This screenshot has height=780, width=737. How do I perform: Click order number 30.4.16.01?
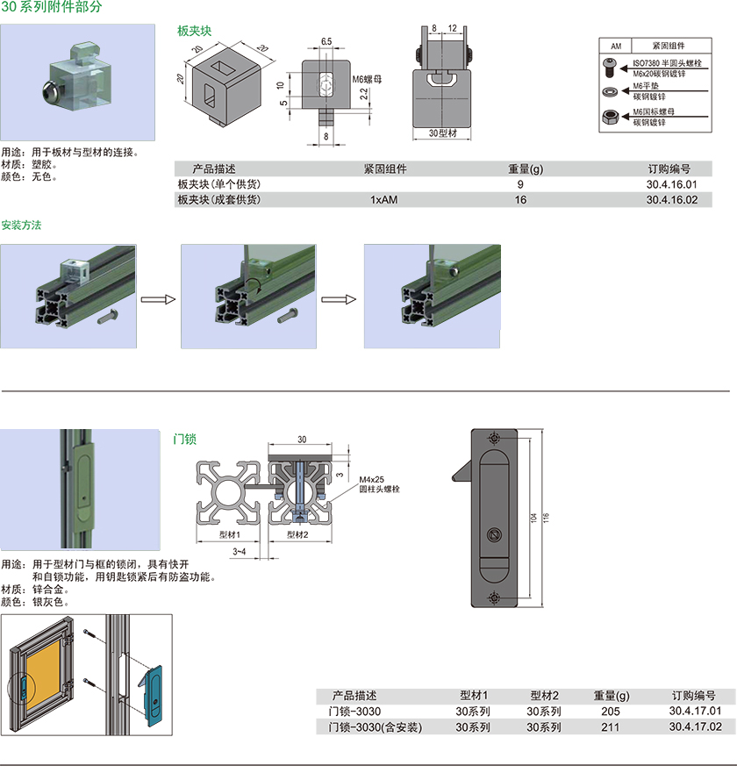671,184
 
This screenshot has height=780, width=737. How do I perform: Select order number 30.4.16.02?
671,200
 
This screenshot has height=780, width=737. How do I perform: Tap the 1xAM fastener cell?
384,200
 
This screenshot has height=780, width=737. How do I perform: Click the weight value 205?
611,712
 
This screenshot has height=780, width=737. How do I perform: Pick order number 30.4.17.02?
695,727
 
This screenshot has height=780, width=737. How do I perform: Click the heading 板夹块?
194,31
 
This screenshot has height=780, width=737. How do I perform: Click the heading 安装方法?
21,225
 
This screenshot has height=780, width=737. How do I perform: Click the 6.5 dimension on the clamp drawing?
326,41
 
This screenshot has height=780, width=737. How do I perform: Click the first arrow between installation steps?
158,300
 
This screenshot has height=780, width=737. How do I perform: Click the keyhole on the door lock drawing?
494,533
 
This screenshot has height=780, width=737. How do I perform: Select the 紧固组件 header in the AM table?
669,46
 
